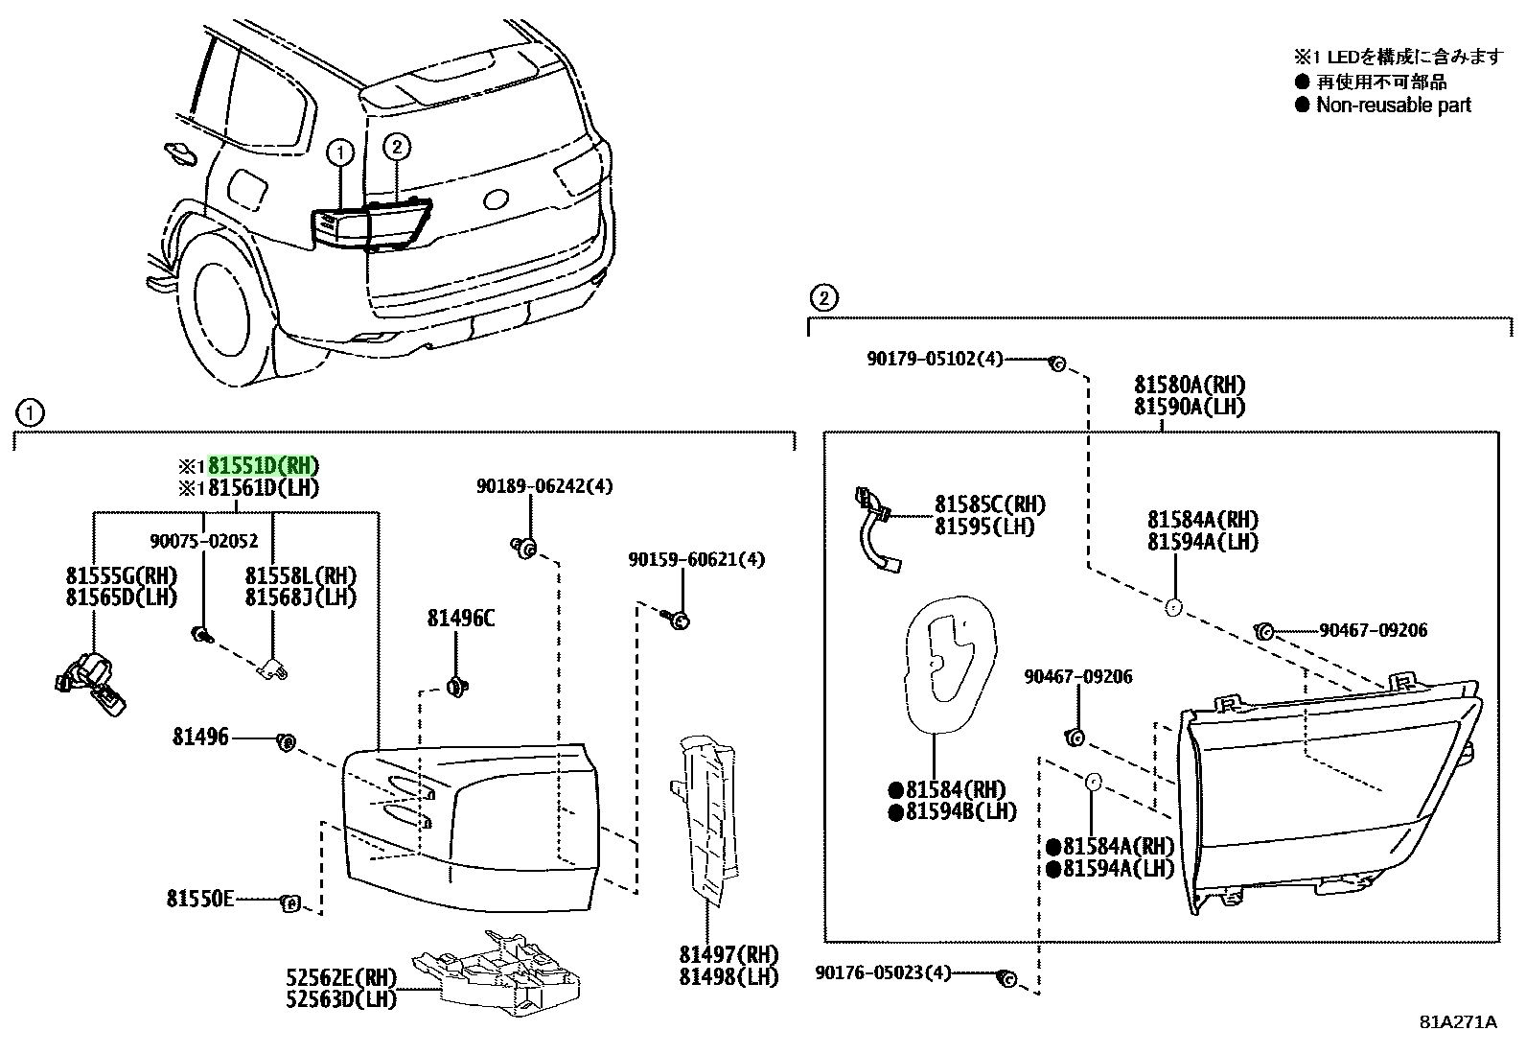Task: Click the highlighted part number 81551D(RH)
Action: (x=263, y=466)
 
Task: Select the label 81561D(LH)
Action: (x=263, y=488)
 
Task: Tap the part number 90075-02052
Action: (x=204, y=541)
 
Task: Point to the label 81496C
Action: (x=460, y=619)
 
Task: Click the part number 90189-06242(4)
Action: (x=544, y=486)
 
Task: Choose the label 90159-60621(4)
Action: (x=696, y=560)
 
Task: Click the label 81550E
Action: (x=200, y=899)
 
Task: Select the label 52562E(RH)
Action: (x=340, y=977)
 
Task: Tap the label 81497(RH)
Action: (x=728, y=954)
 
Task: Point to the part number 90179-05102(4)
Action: (x=935, y=359)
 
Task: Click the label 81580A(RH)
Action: (x=1190, y=385)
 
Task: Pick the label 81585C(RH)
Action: (x=990, y=504)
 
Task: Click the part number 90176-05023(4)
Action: (x=883, y=972)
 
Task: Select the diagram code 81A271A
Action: (x=1458, y=1022)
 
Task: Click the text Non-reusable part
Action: (x=1393, y=105)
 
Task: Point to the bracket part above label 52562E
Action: (x=496, y=972)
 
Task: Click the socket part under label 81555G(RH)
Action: (x=90, y=684)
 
